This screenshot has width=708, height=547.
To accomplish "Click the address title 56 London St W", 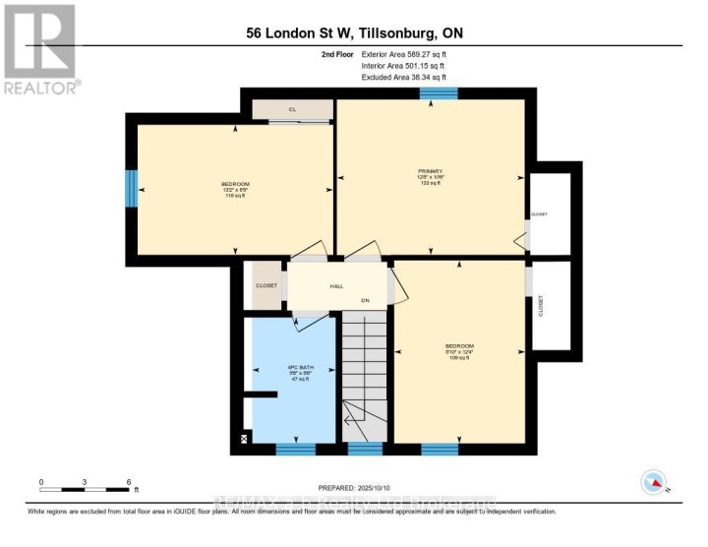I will pos(354,33).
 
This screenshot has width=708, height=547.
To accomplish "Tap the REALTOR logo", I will pos(40,48).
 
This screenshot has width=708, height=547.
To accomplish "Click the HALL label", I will pos(336,286).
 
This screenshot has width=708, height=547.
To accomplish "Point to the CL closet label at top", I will pos(292,110).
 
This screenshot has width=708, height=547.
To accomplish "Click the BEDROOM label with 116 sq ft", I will pos(235,185).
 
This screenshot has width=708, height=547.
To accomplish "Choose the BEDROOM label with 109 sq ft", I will pos(459,346).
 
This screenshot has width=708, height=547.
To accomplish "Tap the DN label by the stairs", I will pos(364,300).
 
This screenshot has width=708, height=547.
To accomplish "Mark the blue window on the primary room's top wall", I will pos(438,94).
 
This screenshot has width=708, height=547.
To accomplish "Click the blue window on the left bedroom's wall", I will pos(130,189).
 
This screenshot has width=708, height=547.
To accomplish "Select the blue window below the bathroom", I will pos(295,449).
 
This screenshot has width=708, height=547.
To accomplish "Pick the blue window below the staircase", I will pos(365,449).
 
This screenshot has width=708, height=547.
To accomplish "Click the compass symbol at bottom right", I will pos(652,482).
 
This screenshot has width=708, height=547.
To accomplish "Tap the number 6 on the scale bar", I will pos(129,482).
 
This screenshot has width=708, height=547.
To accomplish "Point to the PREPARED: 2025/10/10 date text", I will pos(354,488).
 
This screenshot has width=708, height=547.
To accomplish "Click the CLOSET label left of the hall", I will pos(266,286).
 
